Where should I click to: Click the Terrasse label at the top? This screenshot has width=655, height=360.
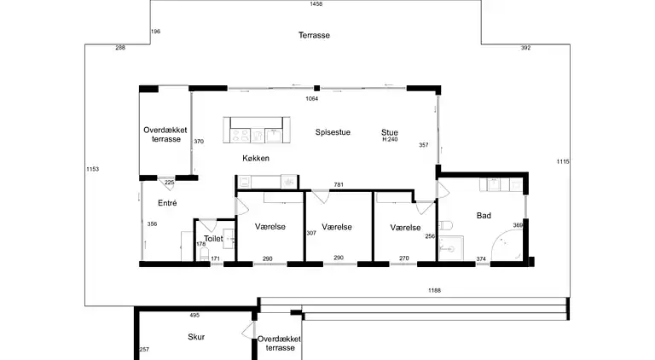point(314,35)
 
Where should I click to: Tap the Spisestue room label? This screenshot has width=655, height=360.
point(333,132)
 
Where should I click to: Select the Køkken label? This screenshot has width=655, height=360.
point(255,159)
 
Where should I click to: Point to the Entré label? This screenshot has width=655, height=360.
point(166,203)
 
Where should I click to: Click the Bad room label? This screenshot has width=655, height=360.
point(484,217)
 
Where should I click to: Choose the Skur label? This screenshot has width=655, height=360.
point(196,337)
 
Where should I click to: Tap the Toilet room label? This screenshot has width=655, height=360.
point(213,239)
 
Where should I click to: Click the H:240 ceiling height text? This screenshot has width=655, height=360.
point(391,139)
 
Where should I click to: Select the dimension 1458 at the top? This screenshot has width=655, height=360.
point(316,4)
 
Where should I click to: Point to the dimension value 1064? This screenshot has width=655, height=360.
point(312,99)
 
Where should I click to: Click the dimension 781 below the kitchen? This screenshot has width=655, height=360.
point(339,184)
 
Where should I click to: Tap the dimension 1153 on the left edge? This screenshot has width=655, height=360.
point(93,169)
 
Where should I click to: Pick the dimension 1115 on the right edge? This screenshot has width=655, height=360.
point(562,162)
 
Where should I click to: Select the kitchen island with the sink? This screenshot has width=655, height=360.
point(253,131)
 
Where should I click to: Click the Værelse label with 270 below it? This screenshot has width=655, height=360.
point(405,228)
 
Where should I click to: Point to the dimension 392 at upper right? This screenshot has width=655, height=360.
point(525,48)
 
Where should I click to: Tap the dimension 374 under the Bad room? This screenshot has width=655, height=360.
point(481,258)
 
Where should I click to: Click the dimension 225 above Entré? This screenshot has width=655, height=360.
point(169,182)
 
